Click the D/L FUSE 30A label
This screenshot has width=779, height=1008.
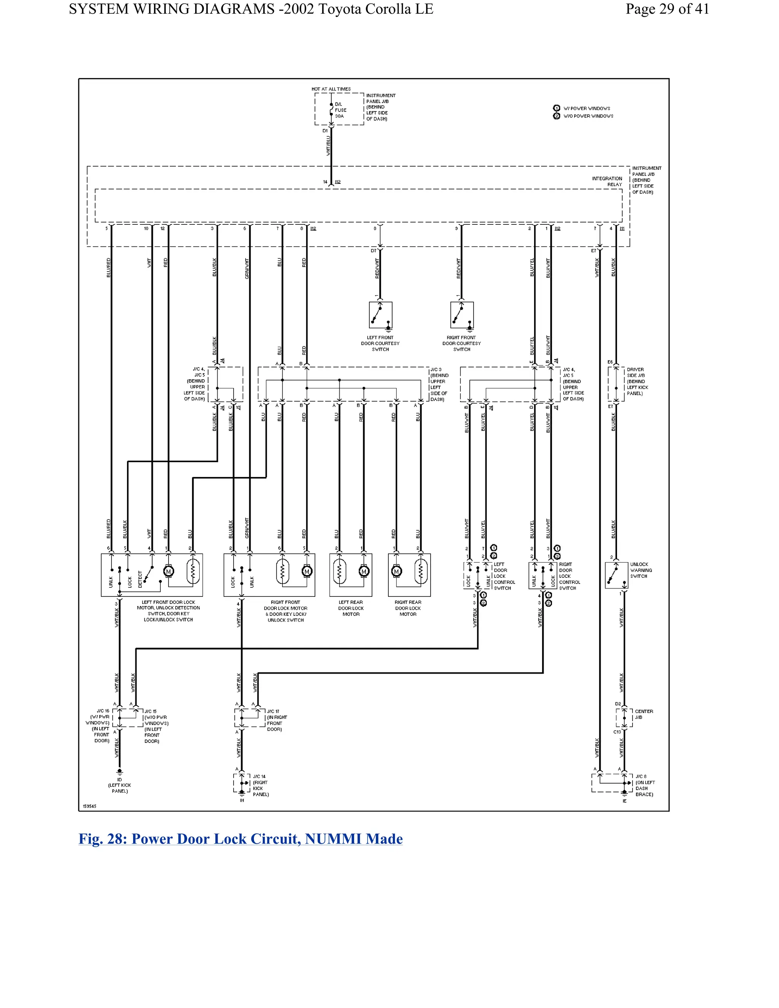click(340, 110)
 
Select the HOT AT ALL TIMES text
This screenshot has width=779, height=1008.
click(331, 89)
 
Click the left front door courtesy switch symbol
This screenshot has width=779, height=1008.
click(380, 315)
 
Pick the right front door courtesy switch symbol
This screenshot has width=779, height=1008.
click(461, 315)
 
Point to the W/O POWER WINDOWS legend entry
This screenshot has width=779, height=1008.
click(588, 116)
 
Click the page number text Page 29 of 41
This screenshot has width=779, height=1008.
click(667, 9)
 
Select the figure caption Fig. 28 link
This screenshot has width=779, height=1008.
click(240, 839)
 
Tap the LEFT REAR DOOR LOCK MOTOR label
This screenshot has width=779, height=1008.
click(351, 608)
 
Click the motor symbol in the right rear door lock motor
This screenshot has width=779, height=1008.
click(396, 572)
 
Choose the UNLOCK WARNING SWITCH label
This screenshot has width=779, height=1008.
click(641, 571)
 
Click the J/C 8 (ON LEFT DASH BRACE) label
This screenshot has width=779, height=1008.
click(644, 785)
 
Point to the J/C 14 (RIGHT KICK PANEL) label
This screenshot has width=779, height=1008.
click(261, 785)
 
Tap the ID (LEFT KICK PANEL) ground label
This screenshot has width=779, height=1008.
click(119, 785)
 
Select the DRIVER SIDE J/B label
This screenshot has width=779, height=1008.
click(637, 381)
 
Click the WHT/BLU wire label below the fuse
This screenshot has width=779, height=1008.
click(329, 145)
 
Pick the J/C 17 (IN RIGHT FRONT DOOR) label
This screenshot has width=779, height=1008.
click(277, 720)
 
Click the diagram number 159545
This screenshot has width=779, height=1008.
click(89, 806)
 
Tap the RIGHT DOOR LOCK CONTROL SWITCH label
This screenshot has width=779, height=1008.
click(569, 576)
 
